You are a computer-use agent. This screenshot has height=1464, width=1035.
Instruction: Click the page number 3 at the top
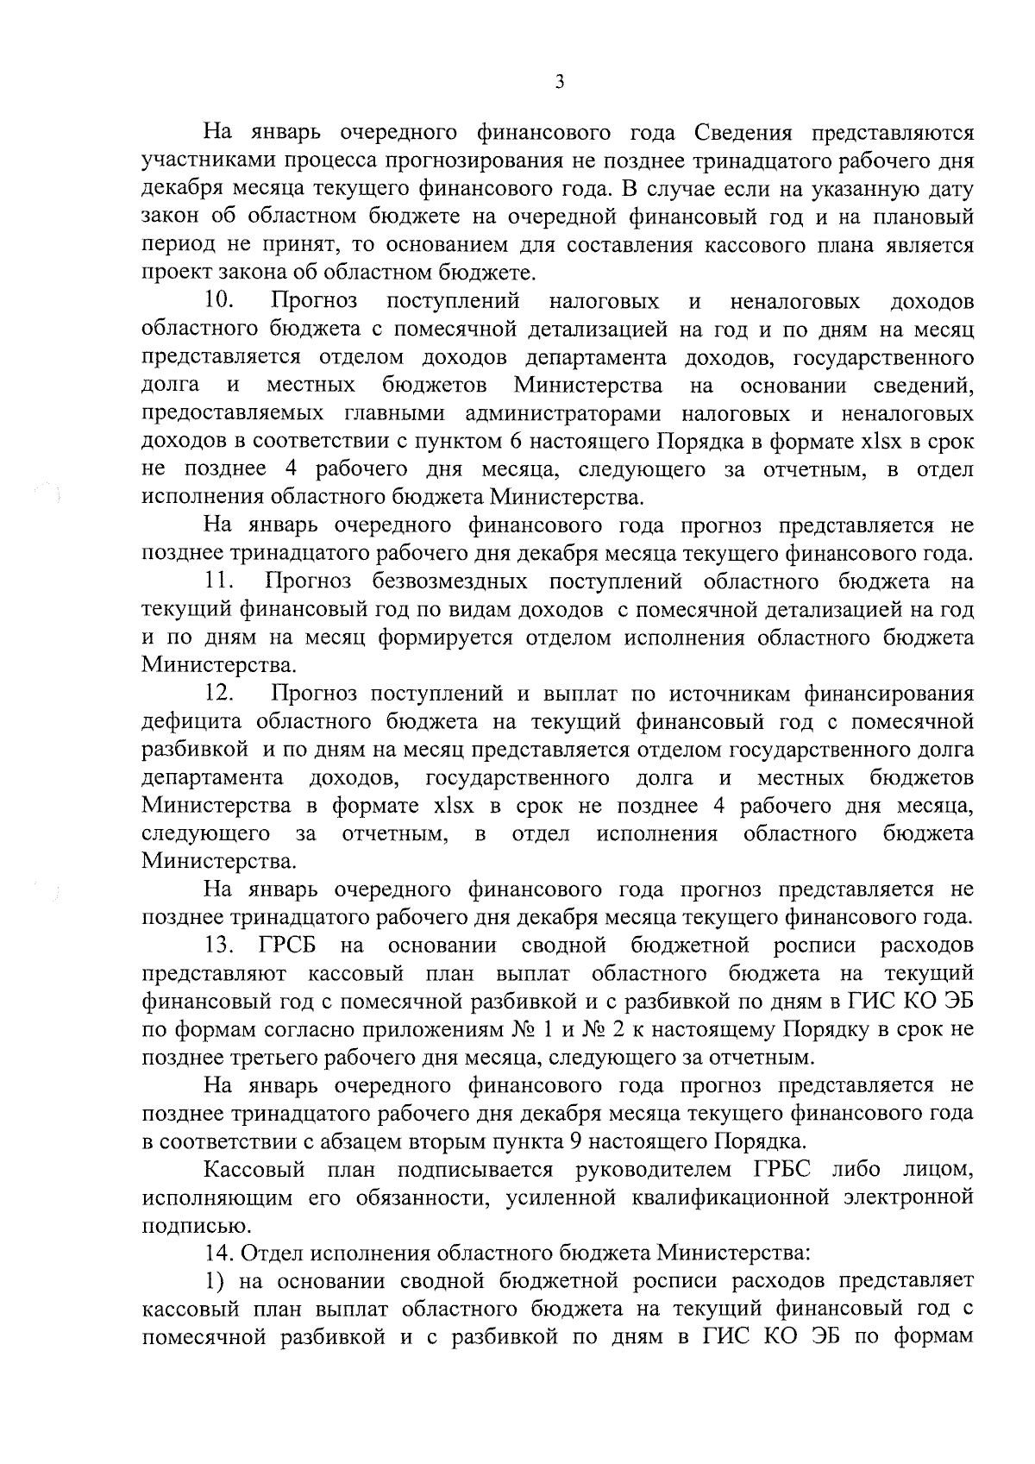point(559,82)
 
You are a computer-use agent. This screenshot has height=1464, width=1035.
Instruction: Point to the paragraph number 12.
point(222,694)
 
